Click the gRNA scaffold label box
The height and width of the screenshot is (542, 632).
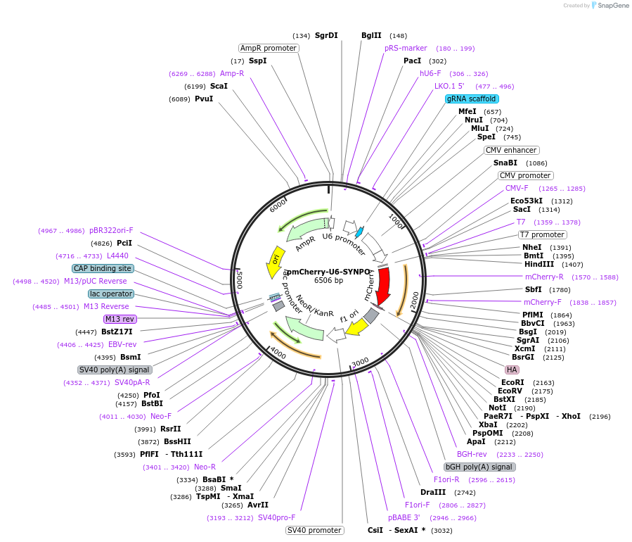pyautogui.click(x=472, y=99)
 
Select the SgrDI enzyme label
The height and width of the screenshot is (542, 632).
pyautogui.click(x=326, y=36)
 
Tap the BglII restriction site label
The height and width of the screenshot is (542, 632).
pyautogui.click(x=371, y=36)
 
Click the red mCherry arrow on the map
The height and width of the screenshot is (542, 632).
pyautogui.click(x=383, y=284)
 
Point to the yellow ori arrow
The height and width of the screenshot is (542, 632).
pyautogui.click(x=275, y=261)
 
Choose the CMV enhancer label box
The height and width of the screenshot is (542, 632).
pyautogui.click(x=511, y=151)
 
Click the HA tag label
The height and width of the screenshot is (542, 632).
pyautogui.click(x=512, y=370)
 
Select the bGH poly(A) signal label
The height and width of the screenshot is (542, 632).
pyautogui.click(x=479, y=467)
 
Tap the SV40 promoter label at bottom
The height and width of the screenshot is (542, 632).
pyautogui.click(x=314, y=530)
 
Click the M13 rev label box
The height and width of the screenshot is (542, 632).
pyautogui.click(x=120, y=319)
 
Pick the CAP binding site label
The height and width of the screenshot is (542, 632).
pyautogui.click(x=103, y=268)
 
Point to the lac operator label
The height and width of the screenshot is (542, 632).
pyautogui.click(x=111, y=294)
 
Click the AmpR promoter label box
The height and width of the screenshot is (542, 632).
pyautogui.click(x=269, y=49)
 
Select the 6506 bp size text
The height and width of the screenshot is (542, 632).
pyautogui.click(x=328, y=281)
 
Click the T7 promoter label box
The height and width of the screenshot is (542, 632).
pyautogui.click(x=542, y=234)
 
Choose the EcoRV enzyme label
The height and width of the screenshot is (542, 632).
pyautogui.click(x=510, y=391)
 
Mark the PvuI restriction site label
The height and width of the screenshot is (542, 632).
pyautogui.click(x=204, y=99)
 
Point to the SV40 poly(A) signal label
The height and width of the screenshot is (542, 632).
pyautogui.click(x=115, y=370)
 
